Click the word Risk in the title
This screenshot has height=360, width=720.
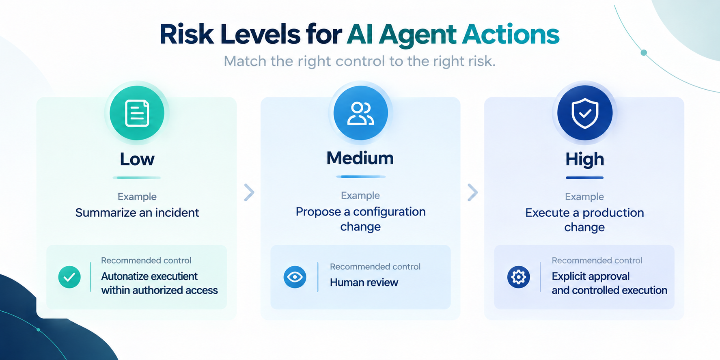[187, 34]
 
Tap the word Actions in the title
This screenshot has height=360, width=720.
[511, 34]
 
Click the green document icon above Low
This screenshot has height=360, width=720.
[137, 113]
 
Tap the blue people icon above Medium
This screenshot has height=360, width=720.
[360, 113]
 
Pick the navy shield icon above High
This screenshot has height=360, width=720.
[585, 113]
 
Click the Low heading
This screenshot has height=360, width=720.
[137, 159]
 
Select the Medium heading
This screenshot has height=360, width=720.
[360, 158]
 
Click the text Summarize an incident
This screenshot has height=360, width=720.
[137, 213]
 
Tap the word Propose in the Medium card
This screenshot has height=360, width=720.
[318, 212]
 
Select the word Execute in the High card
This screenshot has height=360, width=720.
[547, 213]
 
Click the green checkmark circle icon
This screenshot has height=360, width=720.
[69, 277]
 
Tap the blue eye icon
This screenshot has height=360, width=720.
[295, 277]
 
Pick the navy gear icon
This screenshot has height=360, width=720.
[519, 277]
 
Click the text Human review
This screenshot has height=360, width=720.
[364, 282]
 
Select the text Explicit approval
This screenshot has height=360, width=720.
[591, 276]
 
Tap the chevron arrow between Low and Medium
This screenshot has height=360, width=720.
[249, 192]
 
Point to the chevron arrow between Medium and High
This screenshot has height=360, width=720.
[473, 192]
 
